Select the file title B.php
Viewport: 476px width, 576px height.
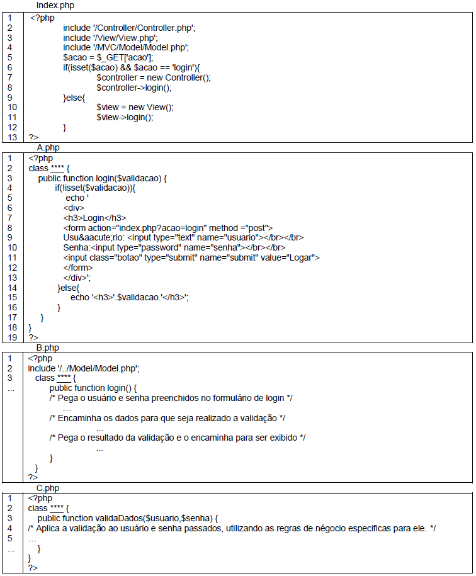(48, 347)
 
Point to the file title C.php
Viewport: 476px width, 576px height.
(48, 488)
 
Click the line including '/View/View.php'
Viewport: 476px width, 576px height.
(110, 38)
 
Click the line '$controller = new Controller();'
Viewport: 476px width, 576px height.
(153, 77)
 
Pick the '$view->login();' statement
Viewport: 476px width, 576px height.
(125, 117)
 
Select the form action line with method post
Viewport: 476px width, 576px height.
(167, 227)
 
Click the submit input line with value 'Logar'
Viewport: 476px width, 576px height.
(191, 257)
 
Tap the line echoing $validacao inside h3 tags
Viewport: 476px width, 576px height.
(130, 297)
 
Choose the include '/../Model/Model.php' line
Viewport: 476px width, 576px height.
(84, 368)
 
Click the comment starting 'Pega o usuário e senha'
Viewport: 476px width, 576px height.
(171, 398)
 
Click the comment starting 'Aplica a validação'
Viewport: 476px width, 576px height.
(232, 528)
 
